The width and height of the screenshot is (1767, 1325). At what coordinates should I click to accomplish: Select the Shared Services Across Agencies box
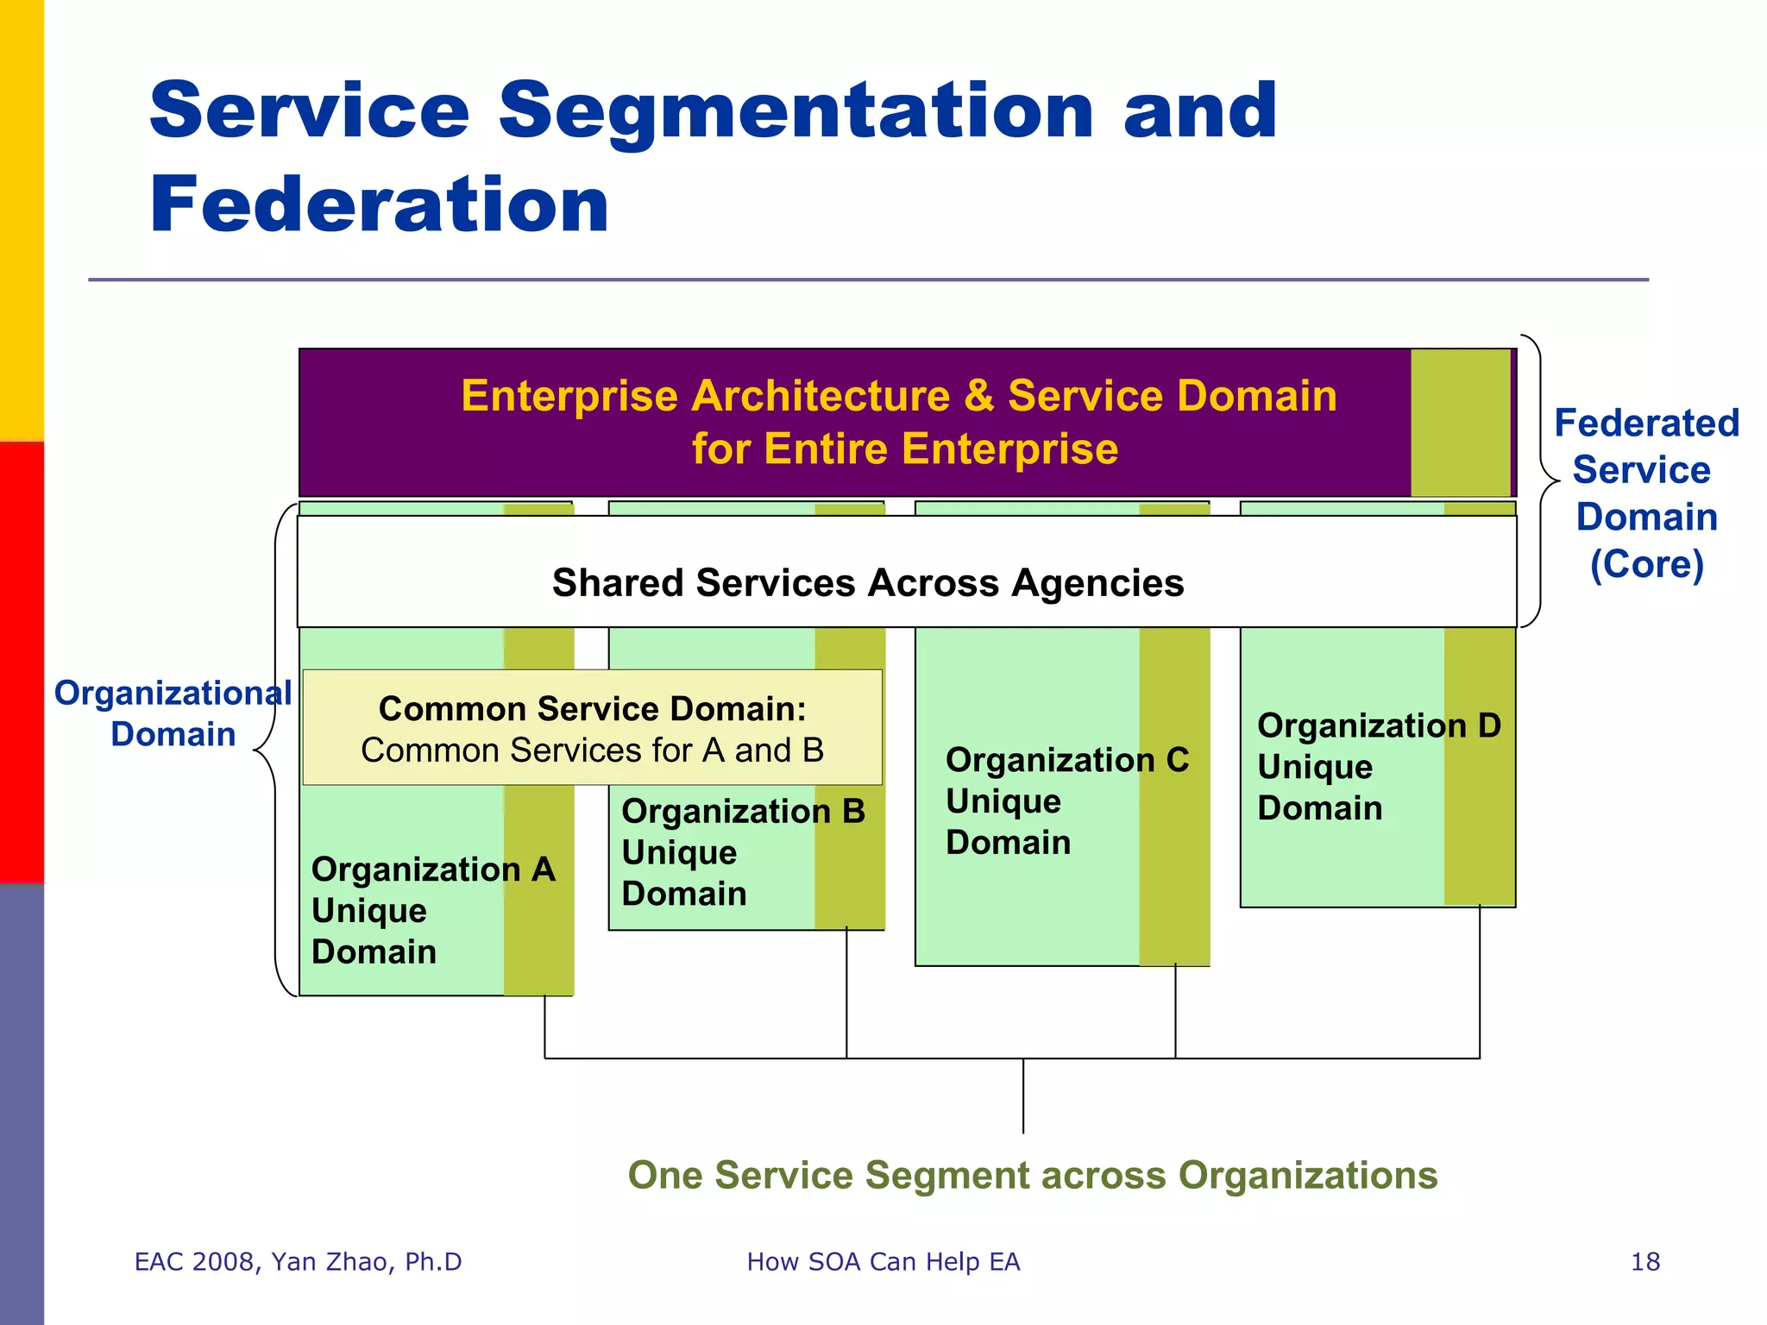click(867, 583)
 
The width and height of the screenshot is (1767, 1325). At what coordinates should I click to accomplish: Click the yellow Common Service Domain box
click(592, 728)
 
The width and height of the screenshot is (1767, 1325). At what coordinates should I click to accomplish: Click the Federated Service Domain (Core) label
click(1646, 493)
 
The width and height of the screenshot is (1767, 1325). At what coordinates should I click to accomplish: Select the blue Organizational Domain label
click(173, 713)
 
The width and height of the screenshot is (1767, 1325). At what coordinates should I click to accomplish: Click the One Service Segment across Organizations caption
click(1032, 1175)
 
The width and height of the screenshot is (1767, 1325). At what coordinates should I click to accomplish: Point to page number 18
click(1644, 1262)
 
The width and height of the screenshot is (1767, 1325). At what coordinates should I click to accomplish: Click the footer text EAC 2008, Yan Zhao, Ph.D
click(298, 1262)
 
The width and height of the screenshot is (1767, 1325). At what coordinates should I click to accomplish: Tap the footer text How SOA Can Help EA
click(883, 1262)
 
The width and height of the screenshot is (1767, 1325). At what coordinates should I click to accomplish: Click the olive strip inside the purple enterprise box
click(1460, 423)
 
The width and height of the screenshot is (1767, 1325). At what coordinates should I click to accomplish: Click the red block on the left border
click(22, 662)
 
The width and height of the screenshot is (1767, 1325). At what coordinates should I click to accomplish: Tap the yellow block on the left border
click(22, 220)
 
